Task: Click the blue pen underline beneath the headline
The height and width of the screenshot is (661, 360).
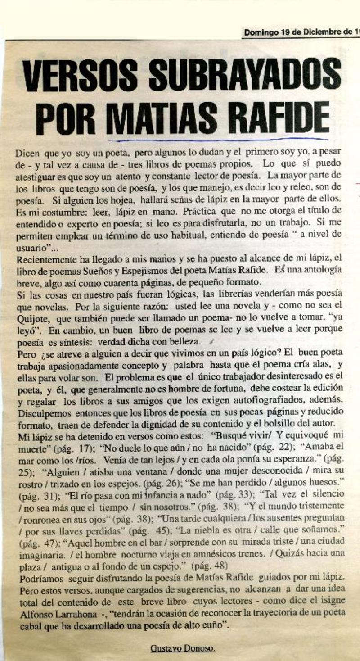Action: pyautogui.click(x=216, y=140)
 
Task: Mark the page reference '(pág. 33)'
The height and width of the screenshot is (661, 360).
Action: pyautogui.click(x=231, y=493)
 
